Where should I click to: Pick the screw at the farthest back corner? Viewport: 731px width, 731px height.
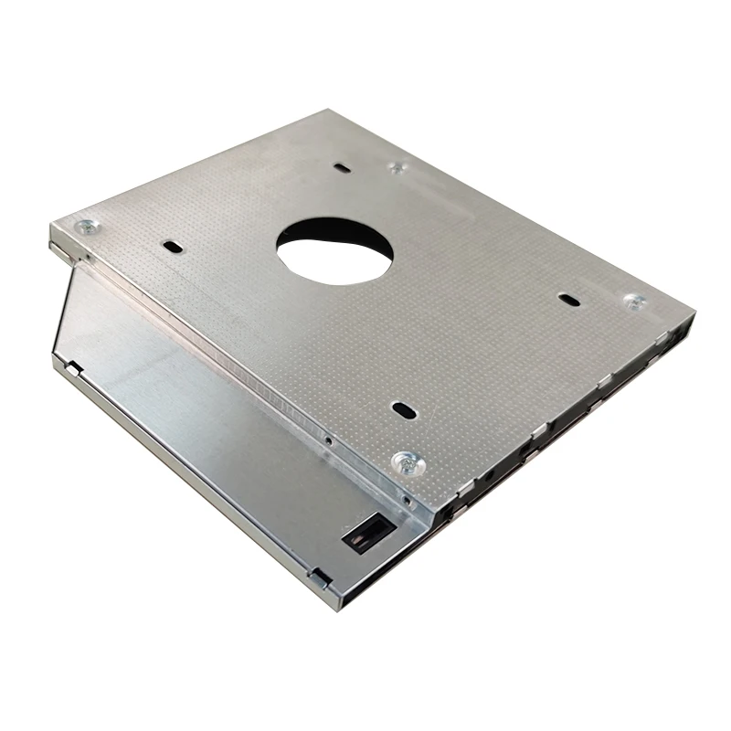(396, 167)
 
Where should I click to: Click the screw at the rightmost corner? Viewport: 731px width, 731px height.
(632, 301)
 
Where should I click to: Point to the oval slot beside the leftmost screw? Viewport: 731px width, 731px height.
(170, 246)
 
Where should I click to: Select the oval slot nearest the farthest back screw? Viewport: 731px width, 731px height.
(341, 168)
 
